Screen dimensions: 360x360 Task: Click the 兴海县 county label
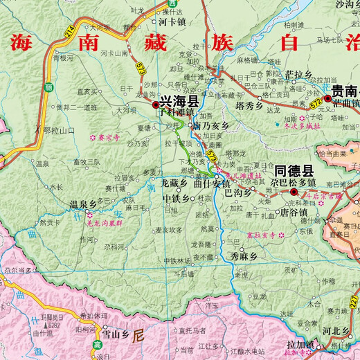[x=179, y=101]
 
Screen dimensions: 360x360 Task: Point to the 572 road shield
[x=316, y=102]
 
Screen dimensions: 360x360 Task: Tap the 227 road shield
[x=354, y=301]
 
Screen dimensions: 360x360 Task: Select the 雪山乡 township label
[x=114, y=333]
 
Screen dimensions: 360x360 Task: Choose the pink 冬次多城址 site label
[x=303, y=127]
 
